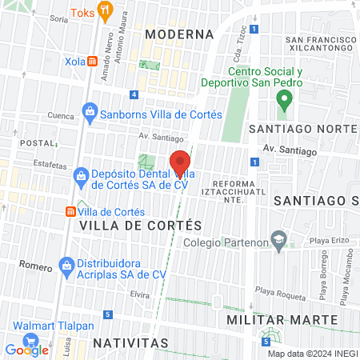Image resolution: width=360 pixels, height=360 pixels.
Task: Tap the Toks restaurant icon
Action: coord(104,13)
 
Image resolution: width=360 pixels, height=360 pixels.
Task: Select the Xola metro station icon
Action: coord(93,60)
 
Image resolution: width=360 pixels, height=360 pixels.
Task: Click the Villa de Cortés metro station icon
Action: coord(70,212)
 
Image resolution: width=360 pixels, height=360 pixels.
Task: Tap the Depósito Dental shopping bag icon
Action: coord(80,175)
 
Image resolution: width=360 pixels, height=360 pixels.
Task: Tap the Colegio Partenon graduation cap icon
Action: coord(278,239)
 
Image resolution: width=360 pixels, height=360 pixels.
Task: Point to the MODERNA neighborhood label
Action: coord(179,34)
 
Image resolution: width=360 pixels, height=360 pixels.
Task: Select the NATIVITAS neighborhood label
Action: coord(130,342)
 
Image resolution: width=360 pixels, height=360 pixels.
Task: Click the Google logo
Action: coord(26,349)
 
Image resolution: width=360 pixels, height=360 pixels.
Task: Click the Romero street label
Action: coord(34,264)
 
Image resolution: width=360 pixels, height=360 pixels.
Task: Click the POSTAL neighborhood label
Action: coord(36,142)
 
